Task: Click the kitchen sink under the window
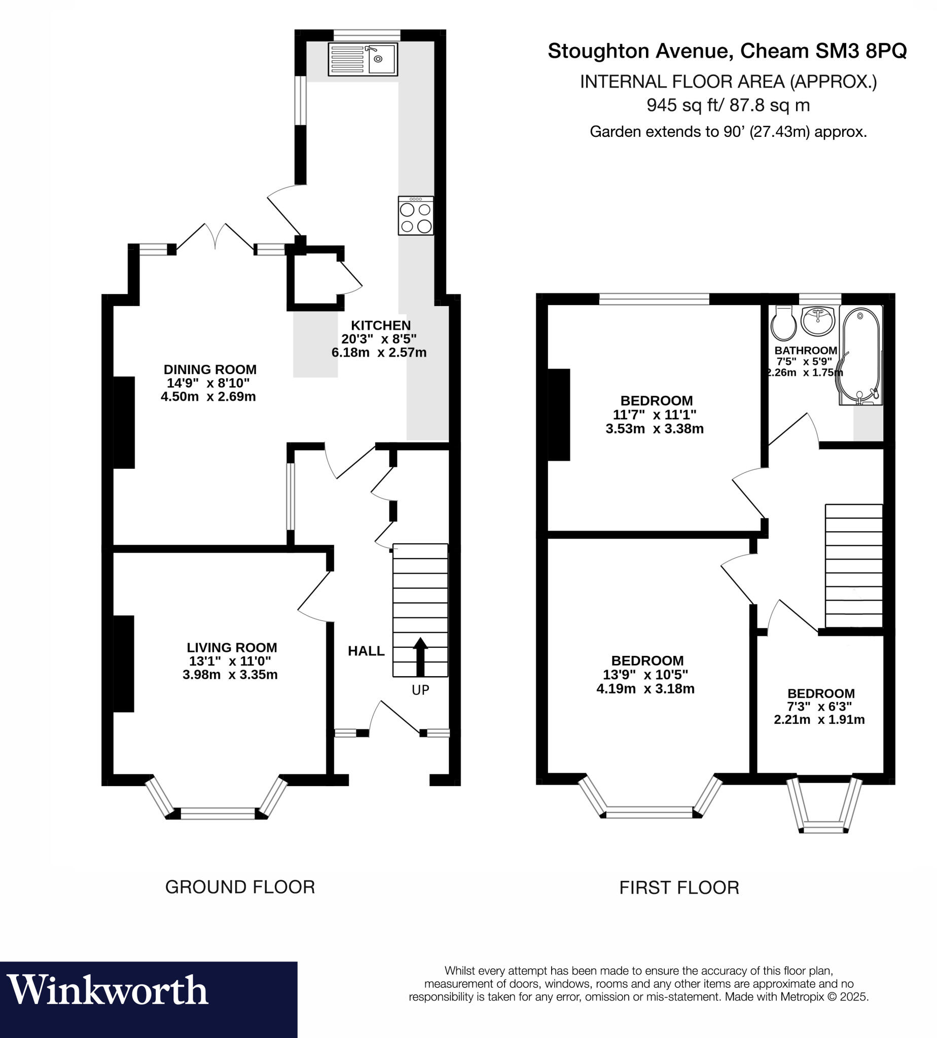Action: pos(363,59)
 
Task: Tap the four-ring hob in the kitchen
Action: pos(415,215)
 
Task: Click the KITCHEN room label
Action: pos(381,325)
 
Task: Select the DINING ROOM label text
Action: pos(210,369)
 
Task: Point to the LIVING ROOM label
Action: pos(232,647)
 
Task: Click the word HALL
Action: pos(366,651)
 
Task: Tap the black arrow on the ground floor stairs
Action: pos(420,657)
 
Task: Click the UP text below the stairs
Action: pos(420,690)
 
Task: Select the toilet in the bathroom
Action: pos(783,323)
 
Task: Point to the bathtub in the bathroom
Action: pos(861,355)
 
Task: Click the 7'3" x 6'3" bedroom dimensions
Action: pos(819,707)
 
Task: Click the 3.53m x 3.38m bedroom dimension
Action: pos(655,429)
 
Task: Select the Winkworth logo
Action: pos(107,990)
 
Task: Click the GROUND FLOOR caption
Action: pos(240,886)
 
